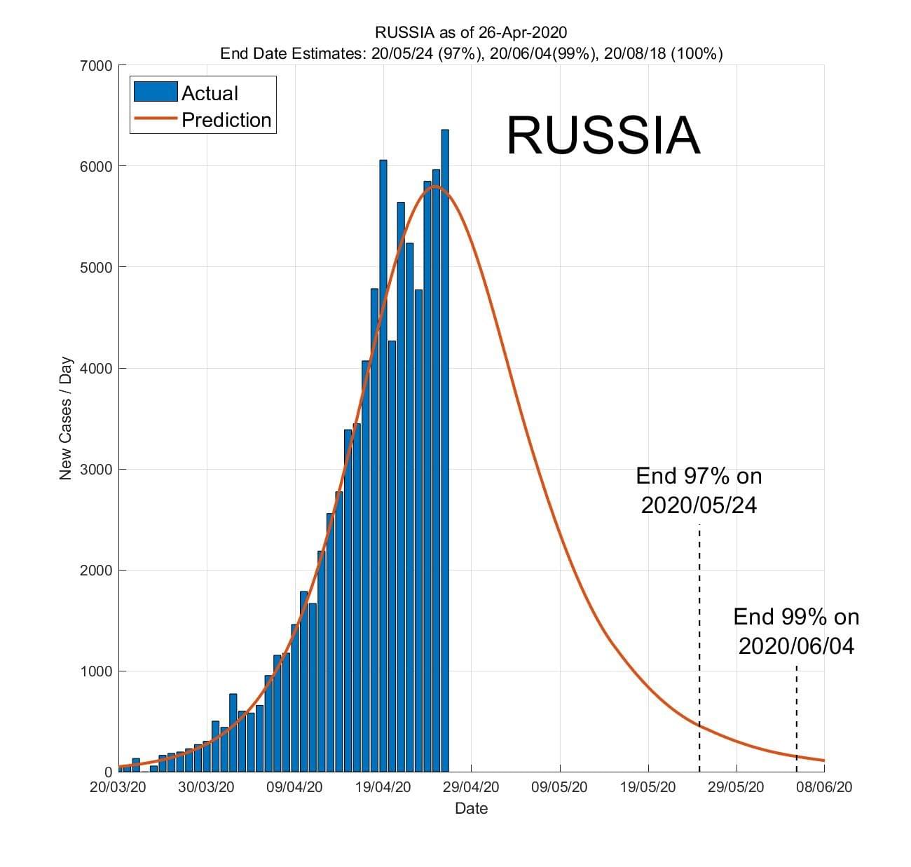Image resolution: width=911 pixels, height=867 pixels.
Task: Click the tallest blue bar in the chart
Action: (x=445, y=449)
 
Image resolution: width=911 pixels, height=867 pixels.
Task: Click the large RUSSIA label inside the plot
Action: (x=603, y=135)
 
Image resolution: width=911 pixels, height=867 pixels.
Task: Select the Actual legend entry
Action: (x=210, y=93)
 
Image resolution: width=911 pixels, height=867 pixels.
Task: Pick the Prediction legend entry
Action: (x=226, y=120)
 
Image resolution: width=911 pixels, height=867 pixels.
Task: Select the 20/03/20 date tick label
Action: (x=118, y=787)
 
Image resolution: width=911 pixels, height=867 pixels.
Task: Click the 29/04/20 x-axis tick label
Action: (x=471, y=787)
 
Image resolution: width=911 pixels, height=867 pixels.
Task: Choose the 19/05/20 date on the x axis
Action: (x=648, y=787)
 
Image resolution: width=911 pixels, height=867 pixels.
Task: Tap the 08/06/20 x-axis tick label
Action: (x=824, y=787)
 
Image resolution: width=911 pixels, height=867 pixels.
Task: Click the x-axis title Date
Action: (x=471, y=808)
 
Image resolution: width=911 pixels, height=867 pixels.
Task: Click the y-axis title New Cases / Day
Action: (x=66, y=418)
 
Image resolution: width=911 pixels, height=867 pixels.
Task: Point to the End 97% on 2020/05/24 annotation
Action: (x=699, y=491)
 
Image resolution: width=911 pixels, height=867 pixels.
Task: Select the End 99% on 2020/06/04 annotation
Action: (x=796, y=631)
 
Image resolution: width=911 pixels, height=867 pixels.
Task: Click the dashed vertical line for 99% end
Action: (x=797, y=715)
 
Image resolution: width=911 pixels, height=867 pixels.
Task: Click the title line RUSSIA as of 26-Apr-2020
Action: (x=471, y=32)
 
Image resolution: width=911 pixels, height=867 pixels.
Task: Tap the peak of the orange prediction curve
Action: (x=435, y=186)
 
